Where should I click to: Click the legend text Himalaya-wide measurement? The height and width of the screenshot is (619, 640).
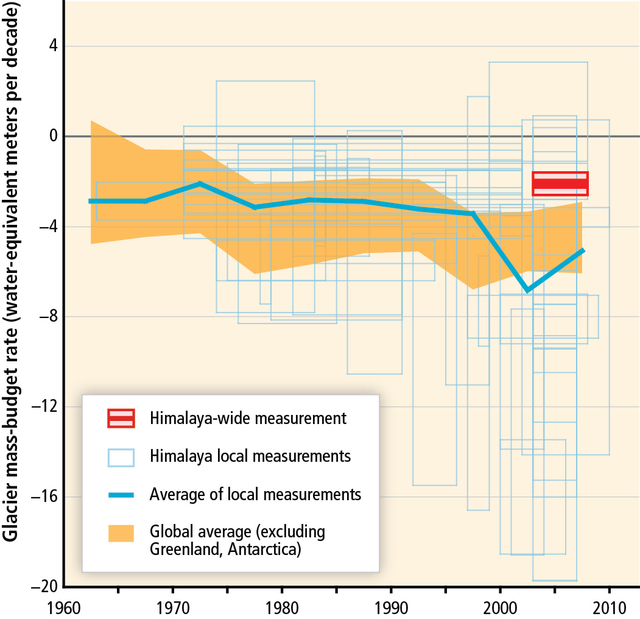(247, 419)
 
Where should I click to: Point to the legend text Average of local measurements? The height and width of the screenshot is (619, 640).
(255, 494)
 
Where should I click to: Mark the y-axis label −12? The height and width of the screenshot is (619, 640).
(46, 407)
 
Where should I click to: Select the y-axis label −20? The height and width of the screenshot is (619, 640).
(46, 587)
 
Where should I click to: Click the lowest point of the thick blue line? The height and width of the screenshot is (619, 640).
(527, 290)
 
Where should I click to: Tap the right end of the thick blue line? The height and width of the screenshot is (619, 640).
(583, 250)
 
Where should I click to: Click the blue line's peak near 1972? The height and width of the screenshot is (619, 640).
(200, 183)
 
